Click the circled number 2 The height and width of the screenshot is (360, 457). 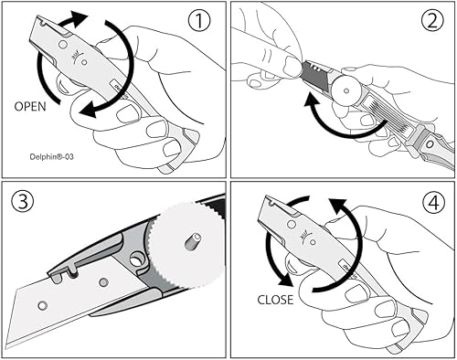[432, 20]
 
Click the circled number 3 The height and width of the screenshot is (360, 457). [23, 201]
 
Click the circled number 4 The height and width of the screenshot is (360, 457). [434, 203]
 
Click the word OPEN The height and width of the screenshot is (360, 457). [30, 107]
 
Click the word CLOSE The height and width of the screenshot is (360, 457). [275, 300]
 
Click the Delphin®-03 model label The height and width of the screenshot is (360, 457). [52, 157]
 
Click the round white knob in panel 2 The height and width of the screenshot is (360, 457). [346, 90]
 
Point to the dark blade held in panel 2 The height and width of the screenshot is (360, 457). [317, 75]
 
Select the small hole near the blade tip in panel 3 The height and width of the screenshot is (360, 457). [43, 305]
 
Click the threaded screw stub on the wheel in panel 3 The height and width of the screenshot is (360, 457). [193, 240]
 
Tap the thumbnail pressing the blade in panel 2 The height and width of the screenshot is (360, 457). [291, 65]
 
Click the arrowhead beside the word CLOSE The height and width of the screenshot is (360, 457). [285, 280]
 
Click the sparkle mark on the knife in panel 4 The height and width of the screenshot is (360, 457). [304, 235]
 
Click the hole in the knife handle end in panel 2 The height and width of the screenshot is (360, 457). [430, 144]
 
